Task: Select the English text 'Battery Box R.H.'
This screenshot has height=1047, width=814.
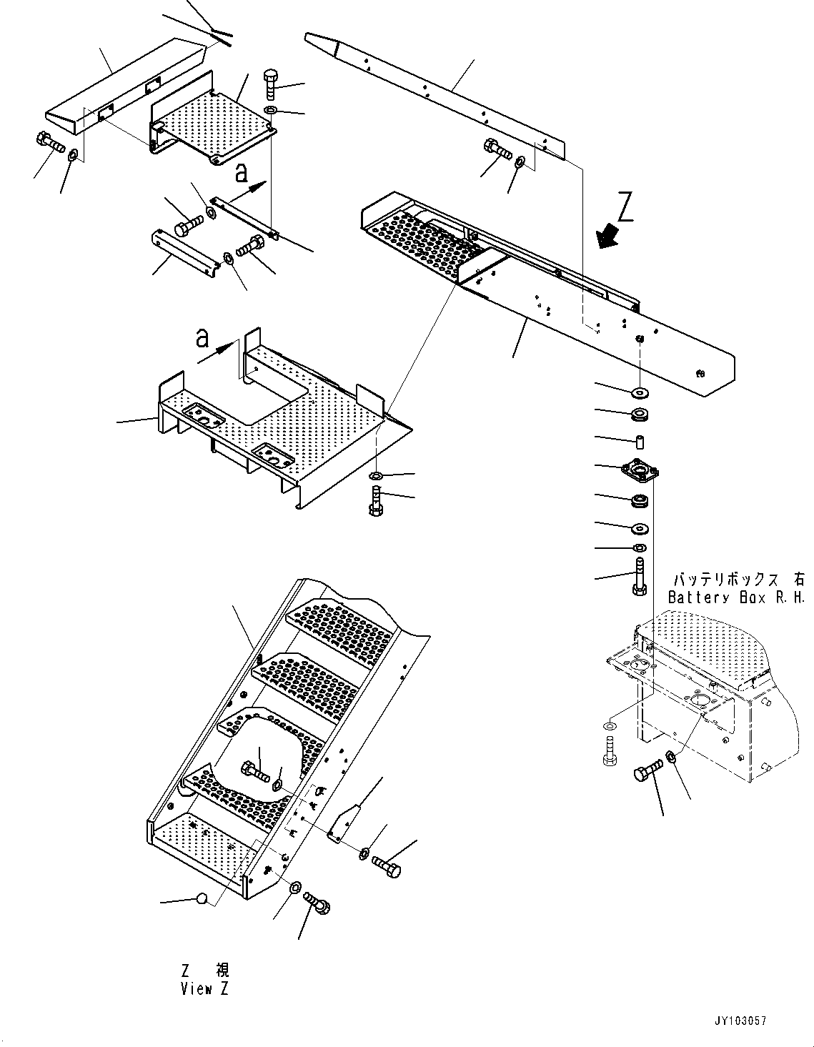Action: pos(736,597)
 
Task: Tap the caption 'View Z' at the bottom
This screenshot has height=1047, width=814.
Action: pos(206,989)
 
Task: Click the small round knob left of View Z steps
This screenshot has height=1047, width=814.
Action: pos(202,898)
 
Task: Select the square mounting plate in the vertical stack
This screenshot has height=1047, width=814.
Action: pos(639,470)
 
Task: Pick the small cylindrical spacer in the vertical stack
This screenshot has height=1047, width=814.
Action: pos(640,440)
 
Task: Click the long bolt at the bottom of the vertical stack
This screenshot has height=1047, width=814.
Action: pos(639,577)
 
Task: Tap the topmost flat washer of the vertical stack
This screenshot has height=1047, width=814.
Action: pos(639,392)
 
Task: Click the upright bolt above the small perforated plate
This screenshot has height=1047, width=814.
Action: pos(272,85)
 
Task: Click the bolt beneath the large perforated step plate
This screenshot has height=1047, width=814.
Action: pos(377,498)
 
